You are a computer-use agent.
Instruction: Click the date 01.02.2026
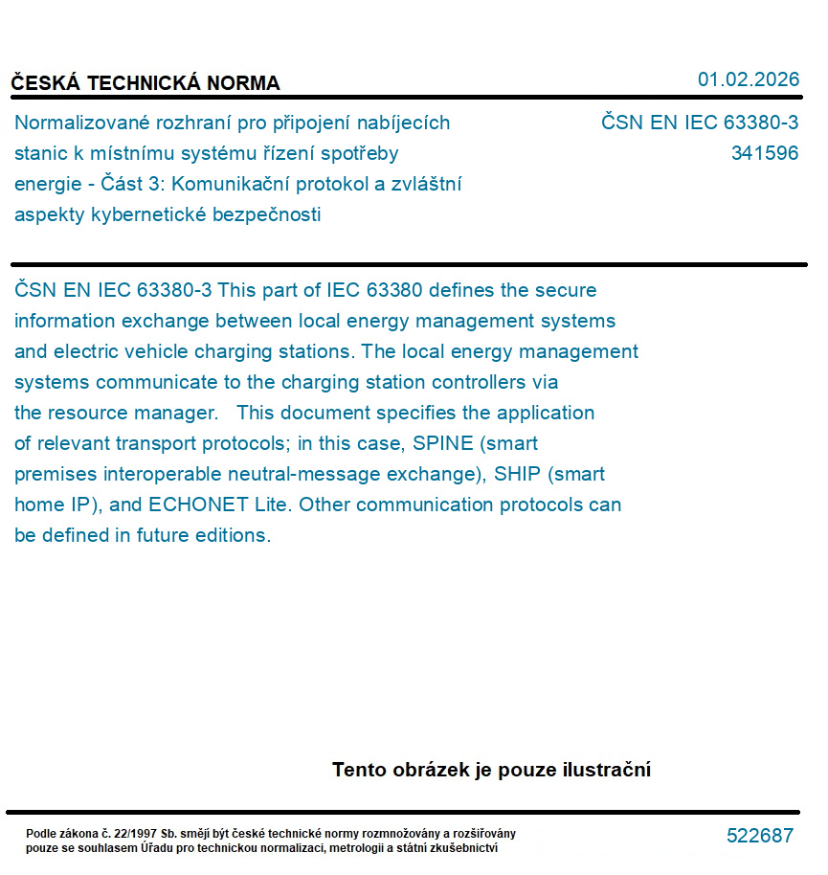tap(748, 79)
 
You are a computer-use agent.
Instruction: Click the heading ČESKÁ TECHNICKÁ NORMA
tap(145, 83)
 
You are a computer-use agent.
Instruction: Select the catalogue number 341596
tap(764, 153)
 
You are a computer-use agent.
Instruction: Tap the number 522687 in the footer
tap(760, 836)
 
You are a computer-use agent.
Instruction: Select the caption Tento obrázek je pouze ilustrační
tap(491, 770)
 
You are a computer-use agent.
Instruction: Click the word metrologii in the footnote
tap(365, 848)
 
